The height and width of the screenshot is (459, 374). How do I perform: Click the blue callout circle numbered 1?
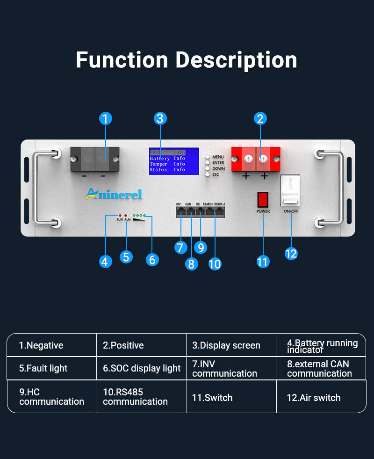(106, 118)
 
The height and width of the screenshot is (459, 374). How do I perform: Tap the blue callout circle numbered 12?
(291, 253)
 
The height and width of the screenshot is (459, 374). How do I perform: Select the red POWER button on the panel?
(263, 199)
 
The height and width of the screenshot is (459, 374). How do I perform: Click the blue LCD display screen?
(174, 161)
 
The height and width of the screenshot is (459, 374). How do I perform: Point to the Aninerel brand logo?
(113, 194)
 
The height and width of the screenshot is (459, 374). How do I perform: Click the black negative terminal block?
(95, 159)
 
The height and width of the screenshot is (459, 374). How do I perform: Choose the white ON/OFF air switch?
(291, 191)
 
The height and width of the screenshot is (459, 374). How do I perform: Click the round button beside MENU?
(207, 157)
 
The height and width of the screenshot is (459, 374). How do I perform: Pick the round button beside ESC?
(207, 174)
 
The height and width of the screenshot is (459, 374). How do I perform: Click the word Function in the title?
(122, 60)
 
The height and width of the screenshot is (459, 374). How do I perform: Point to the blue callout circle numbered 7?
(181, 247)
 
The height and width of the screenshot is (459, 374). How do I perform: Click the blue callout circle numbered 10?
(215, 263)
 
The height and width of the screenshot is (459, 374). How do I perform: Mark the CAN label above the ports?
(188, 204)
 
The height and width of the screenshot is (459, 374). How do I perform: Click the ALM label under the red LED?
(127, 219)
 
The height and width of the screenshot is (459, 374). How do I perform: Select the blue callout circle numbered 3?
(160, 118)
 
